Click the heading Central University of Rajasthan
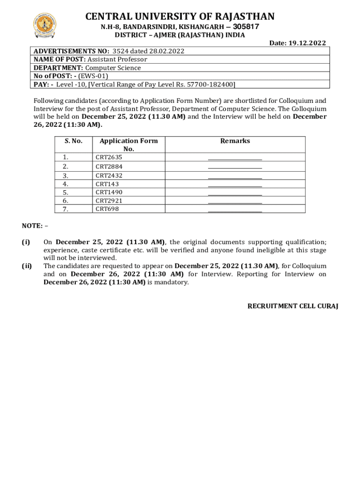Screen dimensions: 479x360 [180, 17]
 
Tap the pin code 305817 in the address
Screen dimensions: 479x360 [246, 27]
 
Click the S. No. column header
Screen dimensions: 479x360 [73, 141]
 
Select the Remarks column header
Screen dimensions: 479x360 [235, 141]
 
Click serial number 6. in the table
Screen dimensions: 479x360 [65, 201]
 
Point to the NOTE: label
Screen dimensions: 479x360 [35, 226]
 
